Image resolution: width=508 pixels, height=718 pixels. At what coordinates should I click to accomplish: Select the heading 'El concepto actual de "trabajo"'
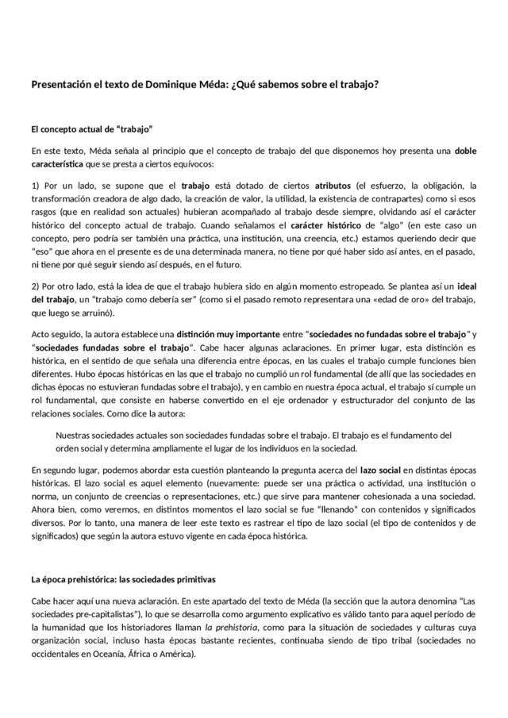coord(91,129)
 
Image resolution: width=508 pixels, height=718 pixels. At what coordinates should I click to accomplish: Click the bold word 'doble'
coord(466,151)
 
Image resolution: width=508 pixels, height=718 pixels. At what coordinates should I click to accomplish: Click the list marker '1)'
coord(37,186)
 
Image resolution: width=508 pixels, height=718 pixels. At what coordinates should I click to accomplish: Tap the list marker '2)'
coord(37,284)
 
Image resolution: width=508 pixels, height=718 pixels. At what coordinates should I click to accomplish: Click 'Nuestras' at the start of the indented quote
coord(77,434)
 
